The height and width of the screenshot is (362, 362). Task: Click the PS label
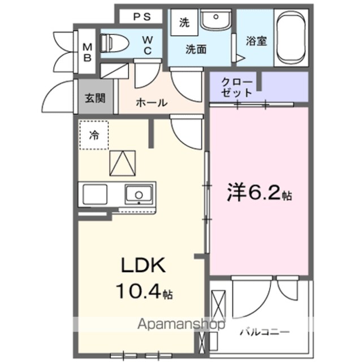pos(142,17)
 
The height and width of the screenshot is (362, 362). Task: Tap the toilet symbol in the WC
pos(114,43)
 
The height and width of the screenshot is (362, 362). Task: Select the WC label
pos(148,46)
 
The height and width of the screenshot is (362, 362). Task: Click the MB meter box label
pos(87,53)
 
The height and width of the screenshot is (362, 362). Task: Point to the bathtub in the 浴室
pos(291,38)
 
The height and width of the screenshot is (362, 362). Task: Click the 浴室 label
pos(256,41)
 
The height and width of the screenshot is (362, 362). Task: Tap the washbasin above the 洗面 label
pos(216,20)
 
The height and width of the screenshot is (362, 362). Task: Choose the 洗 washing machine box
pos(184,23)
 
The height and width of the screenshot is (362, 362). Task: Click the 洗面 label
pos(196,49)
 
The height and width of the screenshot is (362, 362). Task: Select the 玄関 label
pos(96,98)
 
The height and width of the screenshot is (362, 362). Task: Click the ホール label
pos(152,103)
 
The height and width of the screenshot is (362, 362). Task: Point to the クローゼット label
pos(236,88)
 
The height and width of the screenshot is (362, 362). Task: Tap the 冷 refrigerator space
pos(94,135)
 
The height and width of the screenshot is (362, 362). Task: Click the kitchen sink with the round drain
pos(139,195)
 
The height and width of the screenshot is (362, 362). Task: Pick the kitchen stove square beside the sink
pos(95,195)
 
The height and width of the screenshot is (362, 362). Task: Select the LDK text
pos(143,265)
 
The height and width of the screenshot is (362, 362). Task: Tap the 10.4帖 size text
pos(144,291)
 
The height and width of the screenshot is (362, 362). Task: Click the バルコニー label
pos(265,332)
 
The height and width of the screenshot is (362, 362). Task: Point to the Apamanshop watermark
pos(181,325)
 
